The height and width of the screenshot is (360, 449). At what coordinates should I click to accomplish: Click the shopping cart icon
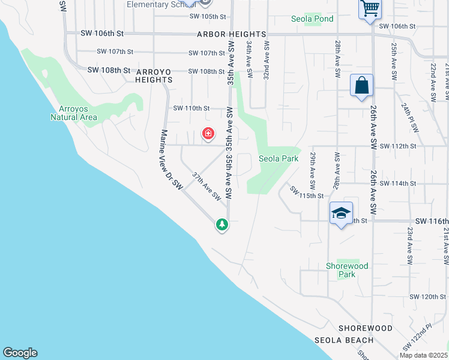click(x=370, y=8)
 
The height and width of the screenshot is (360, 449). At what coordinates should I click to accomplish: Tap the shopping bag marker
click(x=363, y=85)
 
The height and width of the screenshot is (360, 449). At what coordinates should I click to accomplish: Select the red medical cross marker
click(x=208, y=133)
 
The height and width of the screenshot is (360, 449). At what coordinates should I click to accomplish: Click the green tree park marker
click(x=222, y=224)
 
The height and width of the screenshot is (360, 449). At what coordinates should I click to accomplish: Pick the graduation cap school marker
click(x=340, y=213)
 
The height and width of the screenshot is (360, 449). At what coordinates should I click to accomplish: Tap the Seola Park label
click(x=279, y=158)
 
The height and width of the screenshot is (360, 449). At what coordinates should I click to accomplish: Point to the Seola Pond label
click(x=312, y=19)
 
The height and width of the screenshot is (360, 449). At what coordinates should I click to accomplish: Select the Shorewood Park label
click(x=347, y=270)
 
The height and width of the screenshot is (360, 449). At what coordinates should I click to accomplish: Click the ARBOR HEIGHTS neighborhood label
click(x=231, y=35)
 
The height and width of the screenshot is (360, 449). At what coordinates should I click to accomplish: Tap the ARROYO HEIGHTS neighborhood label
click(x=154, y=75)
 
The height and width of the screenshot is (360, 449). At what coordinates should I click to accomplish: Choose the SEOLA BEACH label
click(x=344, y=340)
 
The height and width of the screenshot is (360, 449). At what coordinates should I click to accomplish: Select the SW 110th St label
click(x=191, y=109)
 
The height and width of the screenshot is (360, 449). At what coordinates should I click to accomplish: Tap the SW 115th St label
click(x=306, y=193)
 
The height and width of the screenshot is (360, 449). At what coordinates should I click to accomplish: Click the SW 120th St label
click(x=428, y=297)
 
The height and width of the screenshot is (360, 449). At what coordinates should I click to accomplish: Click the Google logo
click(x=20, y=353)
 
